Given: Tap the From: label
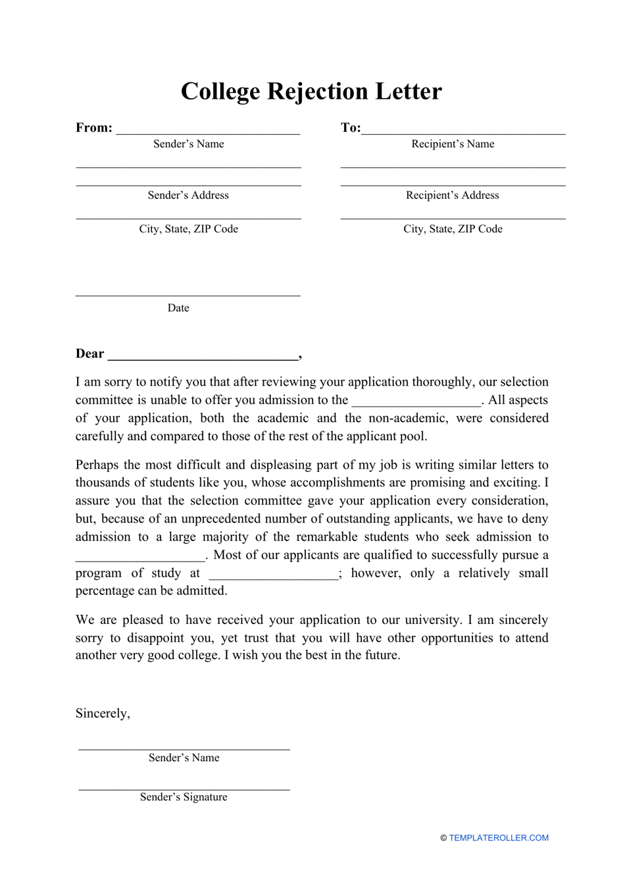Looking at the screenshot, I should click(93, 128).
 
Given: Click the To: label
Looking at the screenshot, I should click(350, 128).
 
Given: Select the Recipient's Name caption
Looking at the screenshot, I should click(453, 144).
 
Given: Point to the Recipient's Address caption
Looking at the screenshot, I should click(453, 195).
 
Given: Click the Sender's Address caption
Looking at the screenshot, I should click(188, 195).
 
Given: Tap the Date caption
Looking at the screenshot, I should click(178, 308).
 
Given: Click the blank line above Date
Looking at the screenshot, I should click(188, 294).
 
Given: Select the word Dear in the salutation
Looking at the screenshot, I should click(89, 354).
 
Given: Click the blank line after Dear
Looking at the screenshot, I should click(203, 357).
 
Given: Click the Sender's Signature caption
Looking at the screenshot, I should click(184, 797).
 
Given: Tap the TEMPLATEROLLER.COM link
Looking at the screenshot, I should click(498, 838).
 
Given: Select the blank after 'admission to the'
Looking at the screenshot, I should click(416, 403).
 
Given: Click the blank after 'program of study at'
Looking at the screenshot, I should click(273, 576).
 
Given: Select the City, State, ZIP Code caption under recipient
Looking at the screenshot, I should click(453, 229).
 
